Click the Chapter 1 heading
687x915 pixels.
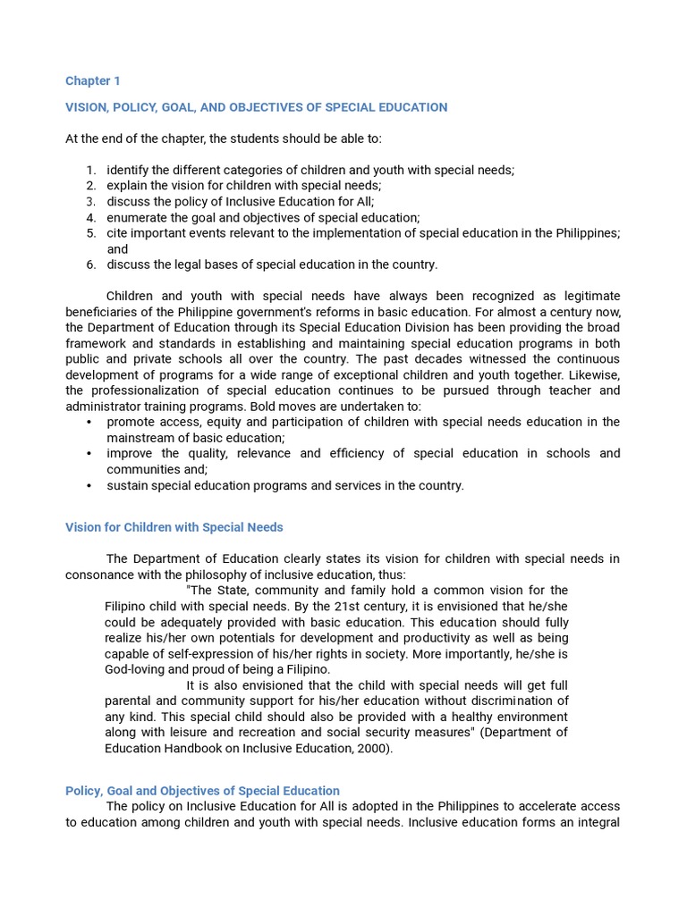(x=92, y=81)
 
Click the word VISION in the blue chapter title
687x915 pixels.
(x=87, y=107)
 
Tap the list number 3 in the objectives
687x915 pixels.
(x=91, y=202)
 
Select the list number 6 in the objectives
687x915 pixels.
(x=91, y=264)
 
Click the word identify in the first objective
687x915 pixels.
(x=128, y=170)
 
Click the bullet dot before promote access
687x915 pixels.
(x=89, y=422)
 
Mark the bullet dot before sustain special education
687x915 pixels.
(x=89, y=486)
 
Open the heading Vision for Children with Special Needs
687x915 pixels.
(x=174, y=527)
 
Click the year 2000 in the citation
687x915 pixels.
(x=372, y=749)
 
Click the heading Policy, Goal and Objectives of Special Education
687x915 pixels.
(x=202, y=791)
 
